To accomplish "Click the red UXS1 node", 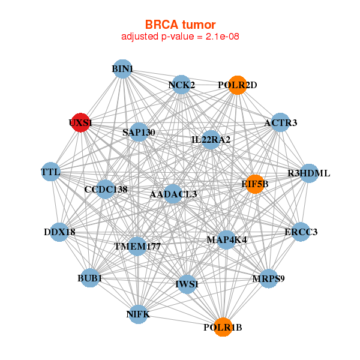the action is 80,122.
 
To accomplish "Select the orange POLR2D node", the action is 238,85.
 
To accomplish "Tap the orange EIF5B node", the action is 254,184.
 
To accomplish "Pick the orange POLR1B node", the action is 223,327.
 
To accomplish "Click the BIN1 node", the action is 122,69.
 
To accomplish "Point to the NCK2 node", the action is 181,85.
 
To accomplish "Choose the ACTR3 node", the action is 281,123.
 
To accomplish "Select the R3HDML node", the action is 308,173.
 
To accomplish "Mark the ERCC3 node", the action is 301,232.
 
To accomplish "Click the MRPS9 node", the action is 269,278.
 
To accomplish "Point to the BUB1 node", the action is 89,278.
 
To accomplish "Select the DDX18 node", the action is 59,232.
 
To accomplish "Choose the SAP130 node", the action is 139,132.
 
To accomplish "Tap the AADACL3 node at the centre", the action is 173,194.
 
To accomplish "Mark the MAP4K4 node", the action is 226,239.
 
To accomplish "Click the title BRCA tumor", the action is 181,25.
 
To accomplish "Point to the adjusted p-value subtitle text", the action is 181,37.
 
